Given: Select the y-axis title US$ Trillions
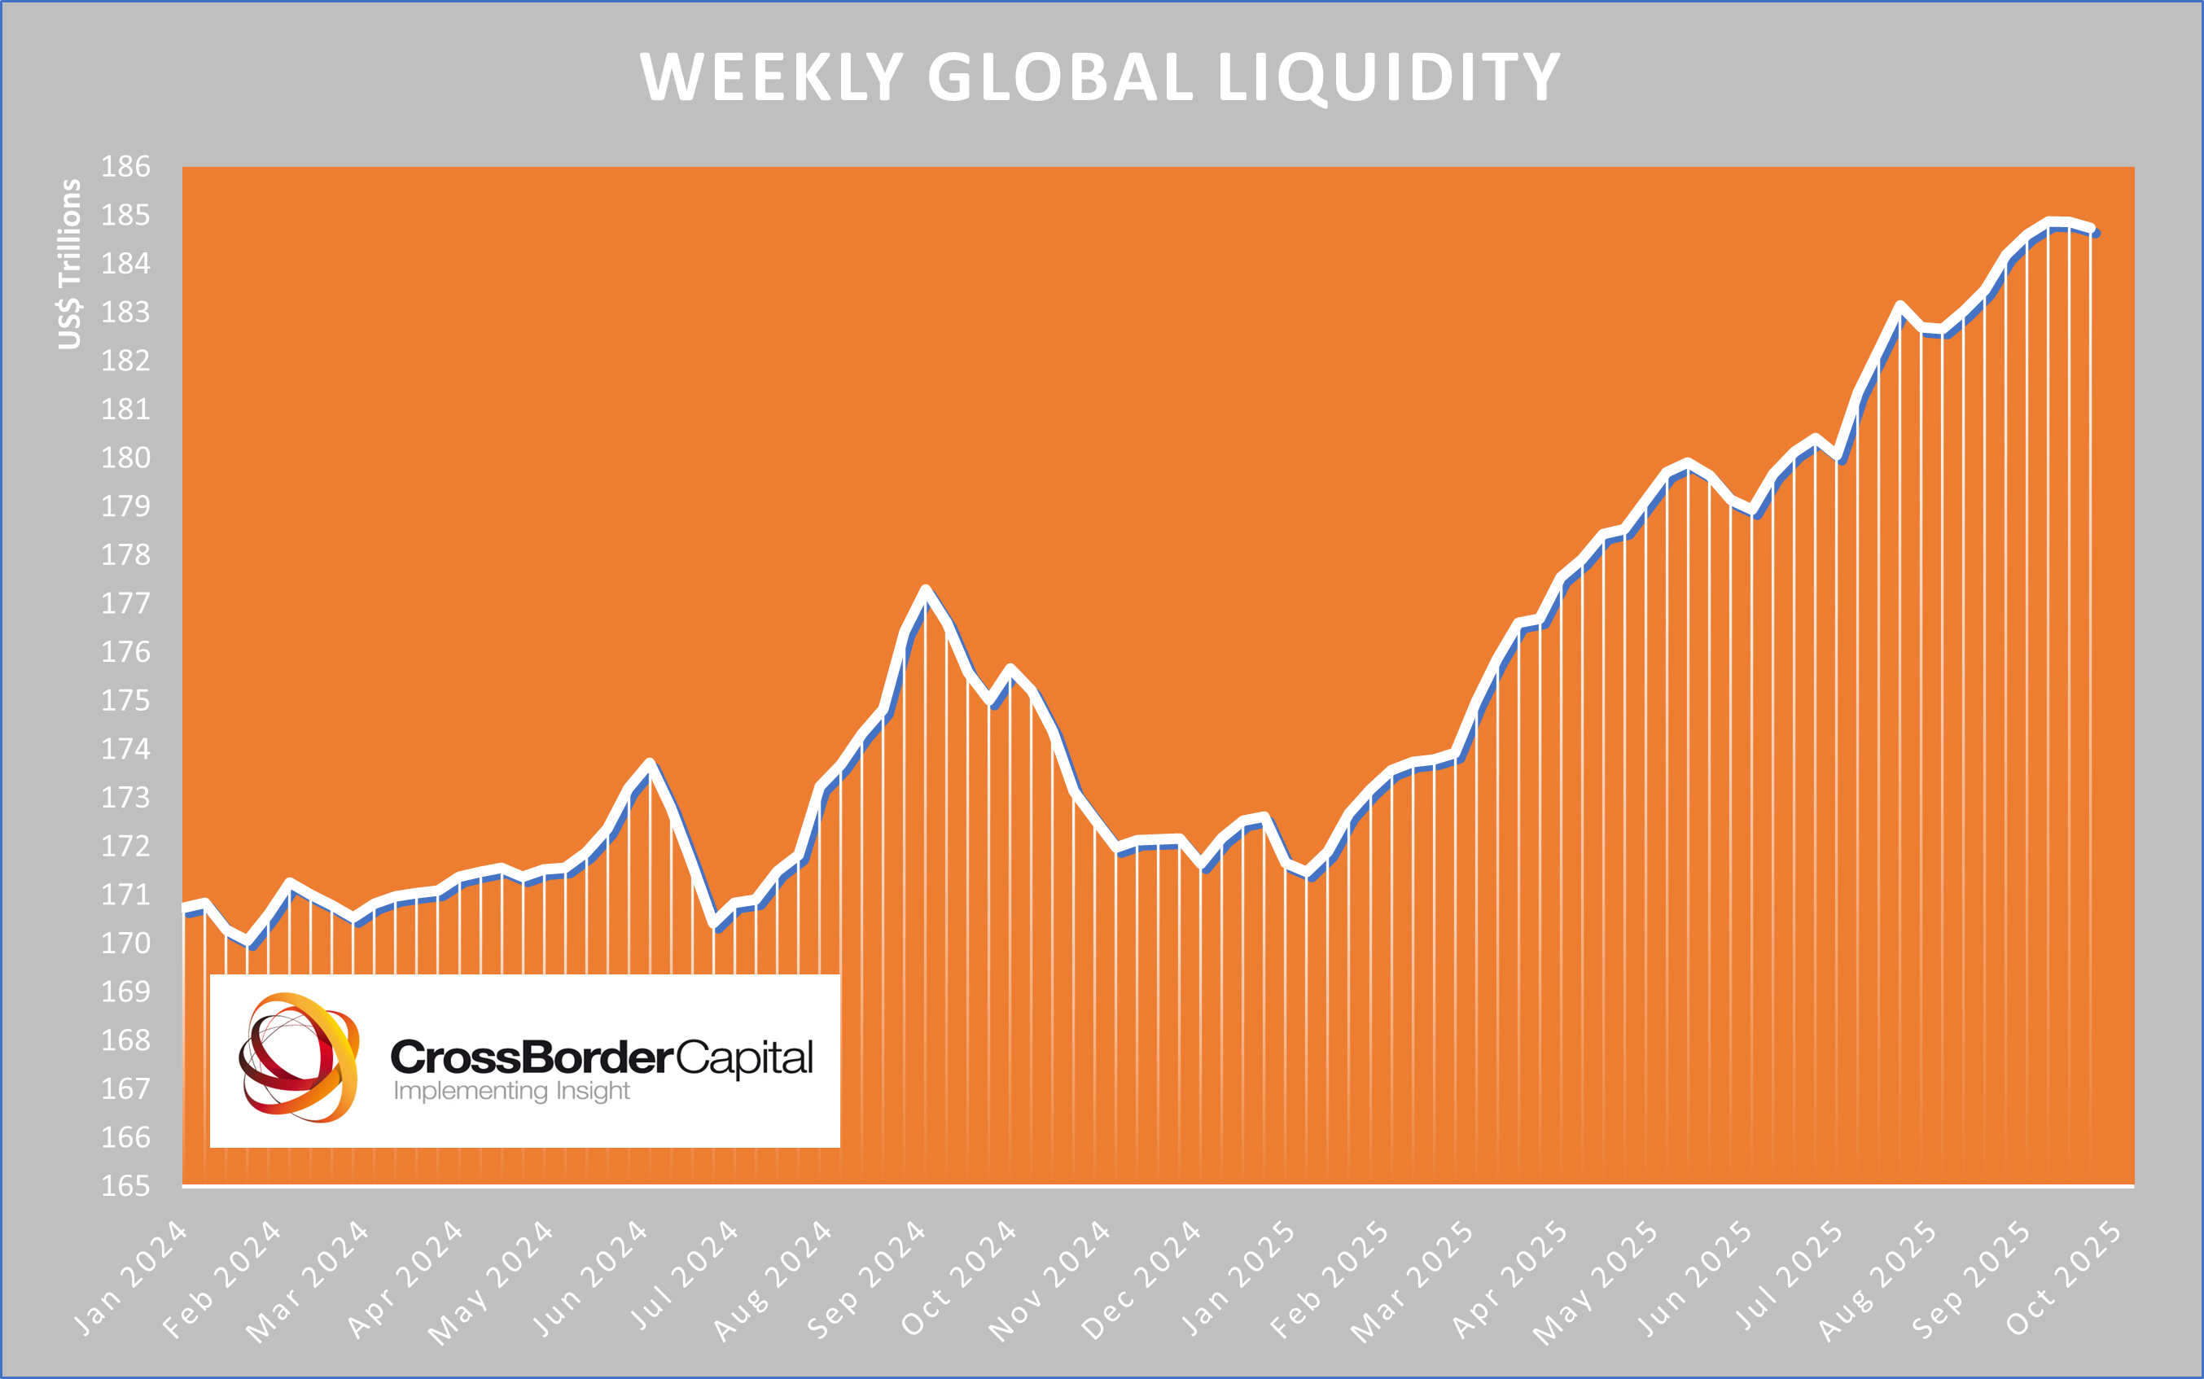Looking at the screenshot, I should [x=69, y=265].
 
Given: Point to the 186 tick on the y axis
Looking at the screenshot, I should [x=125, y=167].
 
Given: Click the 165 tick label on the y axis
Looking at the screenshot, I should [x=125, y=1185].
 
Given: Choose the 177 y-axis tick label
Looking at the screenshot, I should [x=125, y=604].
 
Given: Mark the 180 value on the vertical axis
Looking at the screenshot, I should [x=125, y=457].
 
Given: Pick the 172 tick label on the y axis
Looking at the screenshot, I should [x=125, y=847].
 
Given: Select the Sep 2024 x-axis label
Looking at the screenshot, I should [x=866, y=1280].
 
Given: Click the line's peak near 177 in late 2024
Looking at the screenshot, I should [x=925, y=590].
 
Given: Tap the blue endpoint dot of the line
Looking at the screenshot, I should [x=2097, y=234].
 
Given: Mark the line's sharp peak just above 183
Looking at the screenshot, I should [x=1899, y=305].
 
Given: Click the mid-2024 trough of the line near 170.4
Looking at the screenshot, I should [x=716, y=925].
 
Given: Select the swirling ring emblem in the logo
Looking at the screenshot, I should [x=298, y=1057].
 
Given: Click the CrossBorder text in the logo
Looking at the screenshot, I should [x=532, y=1057].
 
